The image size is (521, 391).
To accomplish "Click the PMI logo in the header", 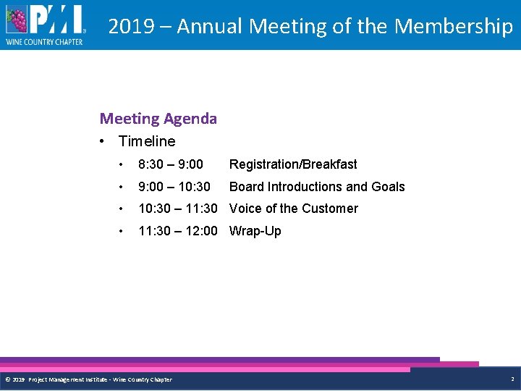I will click(45, 25).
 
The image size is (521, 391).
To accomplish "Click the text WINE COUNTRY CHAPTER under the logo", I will click(45, 42).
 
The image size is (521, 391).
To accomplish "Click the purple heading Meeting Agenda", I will click(158, 118).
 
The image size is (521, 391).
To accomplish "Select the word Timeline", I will click(147, 141).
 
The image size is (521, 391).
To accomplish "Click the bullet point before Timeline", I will click(105, 141).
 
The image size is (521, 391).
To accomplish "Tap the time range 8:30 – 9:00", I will click(171, 164).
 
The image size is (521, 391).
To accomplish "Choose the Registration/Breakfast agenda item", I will click(293, 164).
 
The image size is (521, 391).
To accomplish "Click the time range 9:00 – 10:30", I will click(174, 187).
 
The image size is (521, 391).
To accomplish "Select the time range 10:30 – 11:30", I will click(177, 209).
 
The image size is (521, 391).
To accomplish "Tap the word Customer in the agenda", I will click(329, 209).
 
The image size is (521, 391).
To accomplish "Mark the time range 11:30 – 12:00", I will click(177, 231).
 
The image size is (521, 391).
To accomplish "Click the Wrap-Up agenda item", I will click(255, 231).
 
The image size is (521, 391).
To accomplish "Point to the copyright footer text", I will click(88, 379).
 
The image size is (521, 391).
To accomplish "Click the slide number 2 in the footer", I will click(512, 379).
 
